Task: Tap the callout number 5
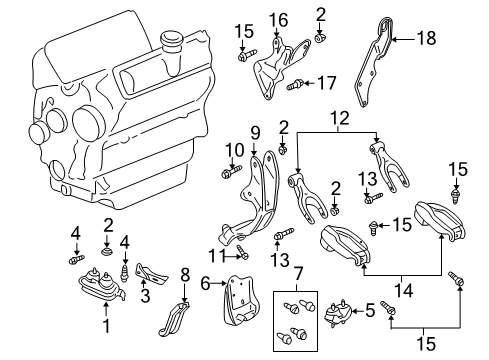(370, 311)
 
